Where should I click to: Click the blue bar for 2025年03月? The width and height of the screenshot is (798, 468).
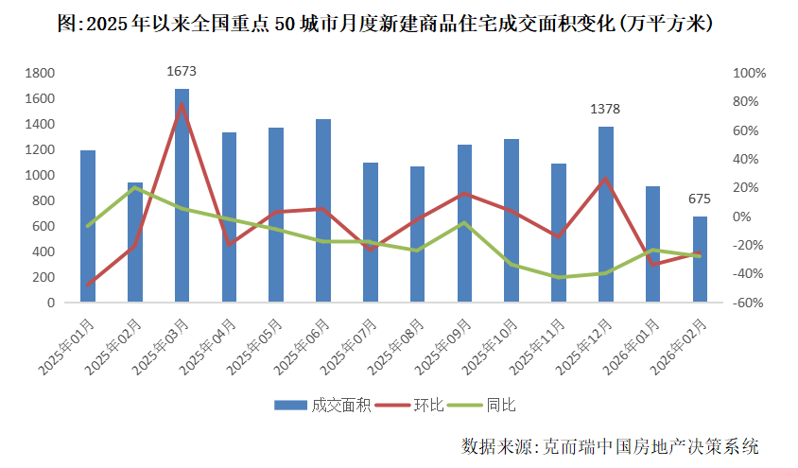point(182,196)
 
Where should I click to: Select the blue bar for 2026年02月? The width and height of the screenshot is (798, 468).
point(700,260)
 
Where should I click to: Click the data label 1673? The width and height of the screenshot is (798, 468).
point(182,71)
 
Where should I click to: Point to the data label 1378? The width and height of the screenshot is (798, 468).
point(605,110)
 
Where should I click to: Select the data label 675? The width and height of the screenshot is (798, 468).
point(700,199)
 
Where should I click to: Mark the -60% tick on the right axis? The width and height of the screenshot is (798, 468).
point(749,303)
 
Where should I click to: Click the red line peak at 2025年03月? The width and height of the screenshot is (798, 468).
point(182,103)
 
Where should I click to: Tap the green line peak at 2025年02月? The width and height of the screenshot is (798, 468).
point(135,187)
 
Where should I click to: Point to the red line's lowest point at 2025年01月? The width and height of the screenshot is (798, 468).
point(88,285)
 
